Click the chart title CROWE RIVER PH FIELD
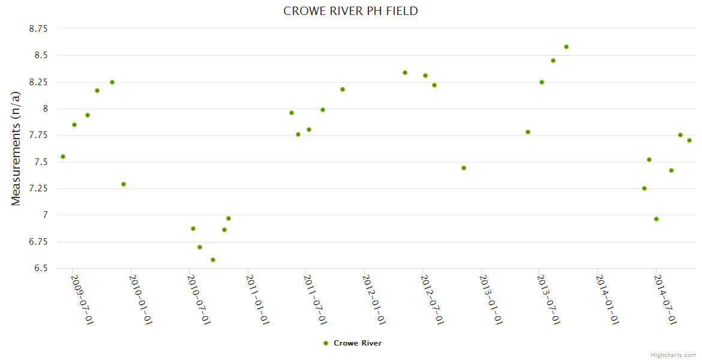(350, 11)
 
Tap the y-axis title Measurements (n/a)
(16, 148)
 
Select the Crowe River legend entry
(352, 343)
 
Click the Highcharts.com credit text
(673, 355)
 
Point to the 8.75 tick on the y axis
(38, 28)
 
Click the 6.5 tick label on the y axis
(41, 268)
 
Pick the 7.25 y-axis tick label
(38, 188)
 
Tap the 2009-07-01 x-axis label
(83, 299)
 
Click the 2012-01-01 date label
(374, 299)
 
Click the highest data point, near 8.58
(566, 47)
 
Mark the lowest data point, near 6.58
(213, 260)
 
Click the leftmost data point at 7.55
(63, 157)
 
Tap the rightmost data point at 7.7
(689, 140)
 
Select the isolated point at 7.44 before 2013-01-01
(464, 168)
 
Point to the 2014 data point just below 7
(656, 219)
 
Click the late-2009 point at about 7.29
(124, 184)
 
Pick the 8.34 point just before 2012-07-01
(405, 73)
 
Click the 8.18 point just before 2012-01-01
(343, 89)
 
